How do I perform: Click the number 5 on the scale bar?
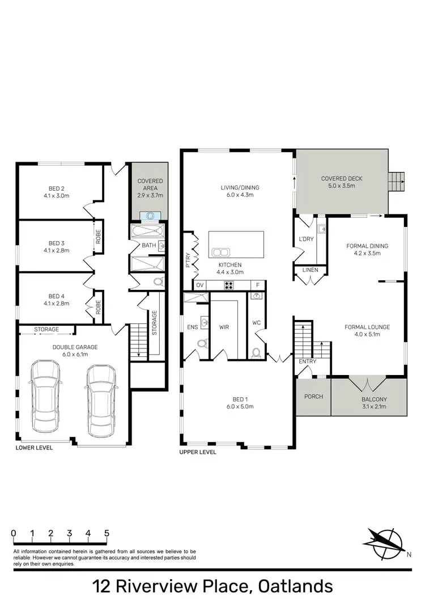point(107,534)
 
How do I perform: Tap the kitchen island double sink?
point(220,252)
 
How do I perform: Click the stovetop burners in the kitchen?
point(229,285)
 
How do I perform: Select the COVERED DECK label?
point(341,178)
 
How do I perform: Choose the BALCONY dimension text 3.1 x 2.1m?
point(374,406)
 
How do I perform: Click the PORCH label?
point(313,396)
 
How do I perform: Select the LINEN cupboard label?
point(310,270)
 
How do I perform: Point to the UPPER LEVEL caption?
point(198,453)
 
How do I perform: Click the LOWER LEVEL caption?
point(34,448)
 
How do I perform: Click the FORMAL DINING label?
point(367,246)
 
